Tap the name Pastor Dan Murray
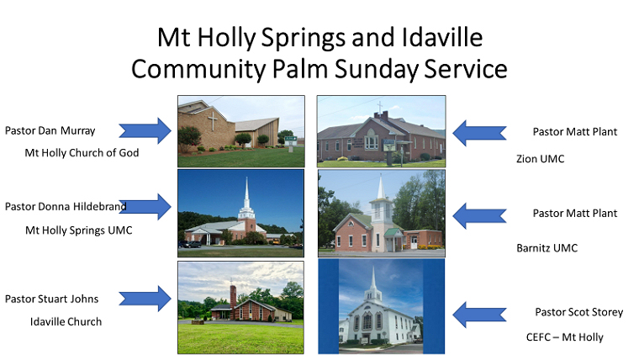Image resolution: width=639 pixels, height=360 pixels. (x=50, y=130)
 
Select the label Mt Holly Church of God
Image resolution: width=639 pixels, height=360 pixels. (x=82, y=153)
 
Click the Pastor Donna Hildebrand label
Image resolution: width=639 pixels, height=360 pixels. (x=66, y=206)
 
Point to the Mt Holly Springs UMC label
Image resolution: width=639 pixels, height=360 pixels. (x=79, y=230)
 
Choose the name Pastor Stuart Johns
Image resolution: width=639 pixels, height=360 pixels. (x=52, y=299)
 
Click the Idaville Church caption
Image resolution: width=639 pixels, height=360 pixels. (x=66, y=321)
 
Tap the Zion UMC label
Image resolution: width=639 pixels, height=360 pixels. (x=541, y=159)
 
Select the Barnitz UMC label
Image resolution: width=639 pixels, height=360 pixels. (x=547, y=248)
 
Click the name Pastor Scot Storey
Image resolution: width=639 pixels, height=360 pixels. (x=579, y=312)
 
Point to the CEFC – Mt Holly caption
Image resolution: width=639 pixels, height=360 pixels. (x=565, y=337)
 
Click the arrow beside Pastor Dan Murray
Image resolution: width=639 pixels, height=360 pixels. (x=145, y=131)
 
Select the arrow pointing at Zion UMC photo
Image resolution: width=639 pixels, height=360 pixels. (x=479, y=134)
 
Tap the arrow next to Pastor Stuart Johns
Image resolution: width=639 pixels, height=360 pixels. (x=145, y=299)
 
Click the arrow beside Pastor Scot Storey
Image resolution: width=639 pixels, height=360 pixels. (x=479, y=315)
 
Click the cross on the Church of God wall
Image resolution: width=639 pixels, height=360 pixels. (x=213, y=120)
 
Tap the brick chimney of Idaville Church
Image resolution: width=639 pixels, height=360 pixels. (x=233, y=296)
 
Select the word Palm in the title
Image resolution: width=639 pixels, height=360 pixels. (x=299, y=68)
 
